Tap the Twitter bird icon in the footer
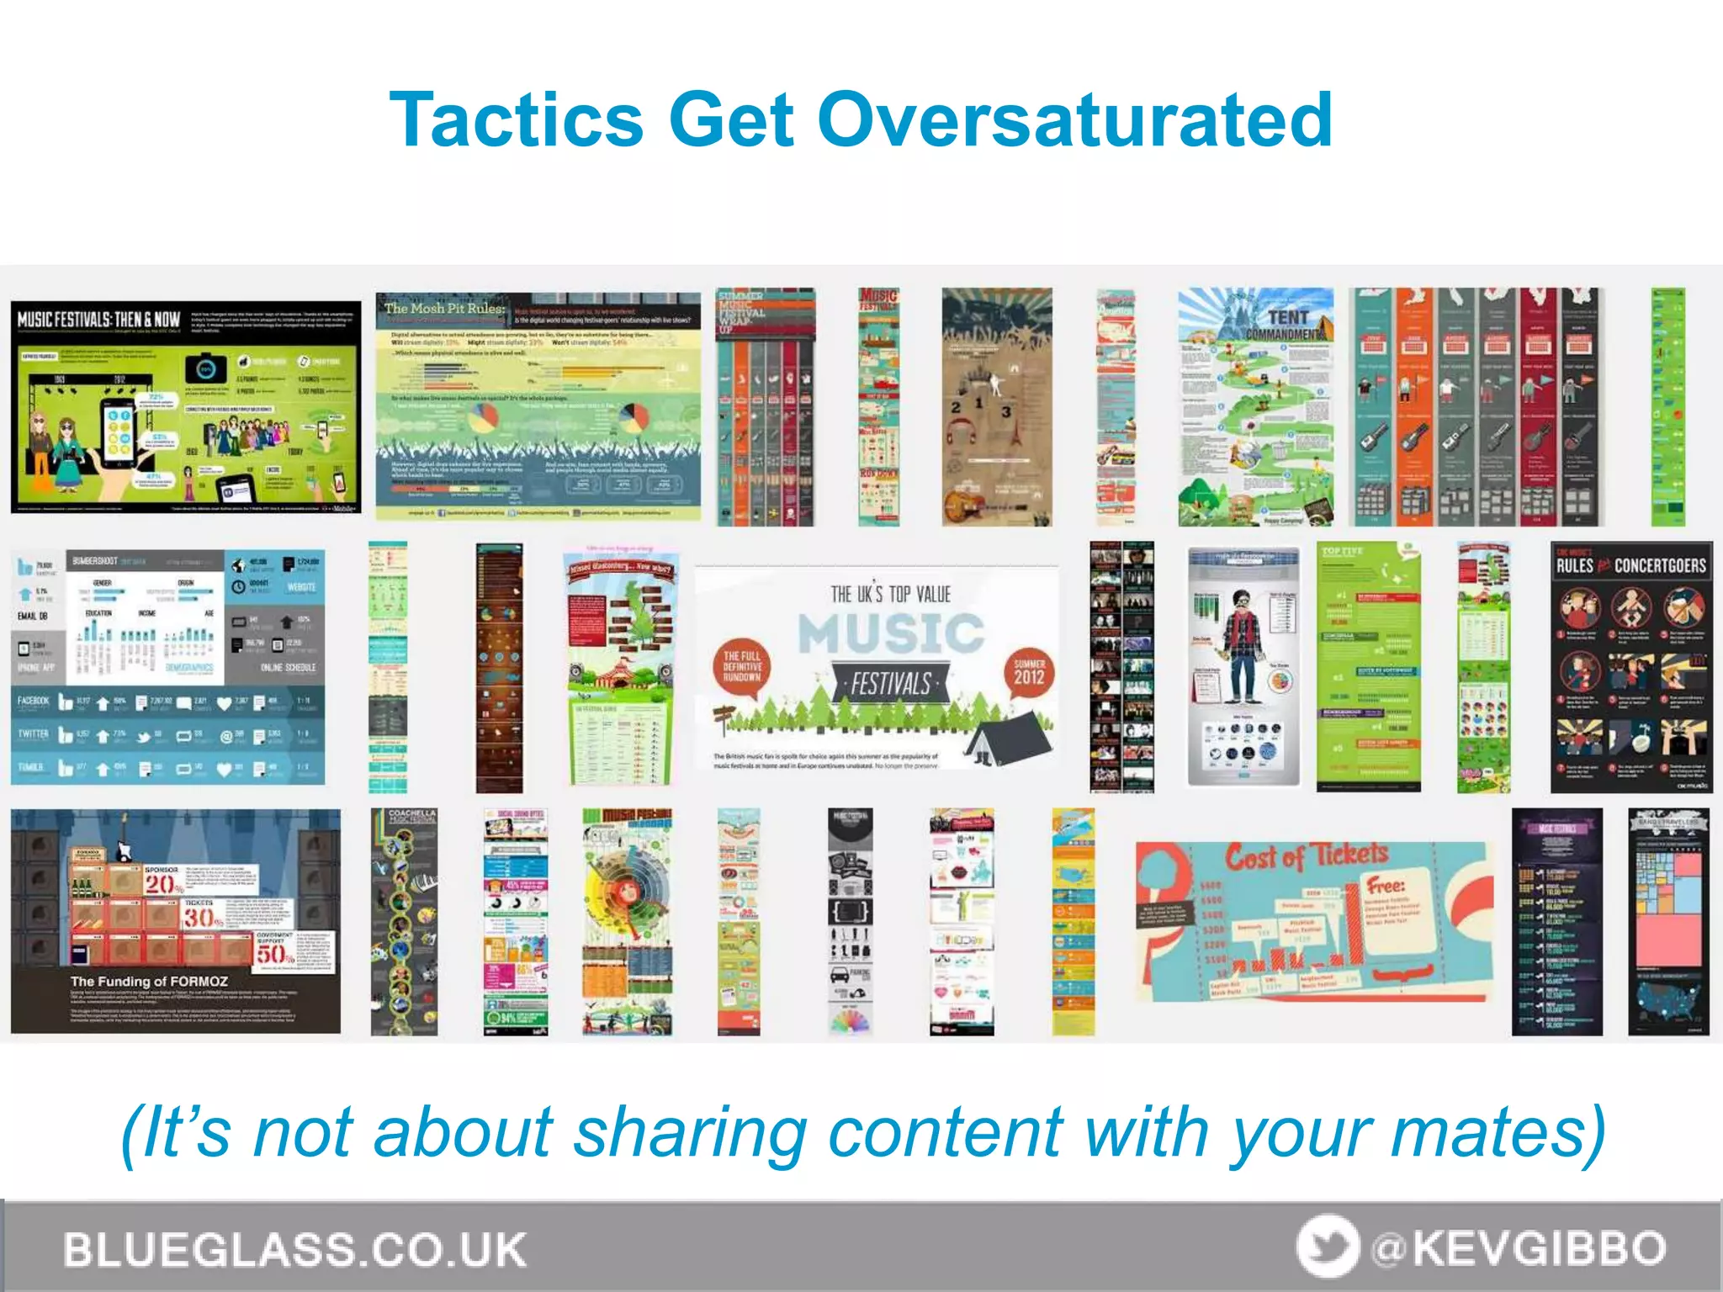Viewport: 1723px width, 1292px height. pyautogui.click(x=1327, y=1246)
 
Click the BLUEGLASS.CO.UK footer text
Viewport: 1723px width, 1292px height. pyautogui.click(x=294, y=1249)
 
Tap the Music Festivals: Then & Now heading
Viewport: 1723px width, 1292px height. pyautogui.click(x=99, y=320)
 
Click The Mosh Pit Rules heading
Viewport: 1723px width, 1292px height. pyautogui.click(x=444, y=309)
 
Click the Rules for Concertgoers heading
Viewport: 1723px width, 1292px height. pyautogui.click(x=1630, y=565)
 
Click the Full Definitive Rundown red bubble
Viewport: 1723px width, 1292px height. pyautogui.click(x=741, y=666)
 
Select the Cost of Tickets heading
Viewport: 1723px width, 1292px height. pyautogui.click(x=1306, y=856)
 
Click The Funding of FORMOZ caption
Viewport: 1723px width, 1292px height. pyautogui.click(x=149, y=982)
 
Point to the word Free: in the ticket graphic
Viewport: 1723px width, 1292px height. pyautogui.click(x=1385, y=886)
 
